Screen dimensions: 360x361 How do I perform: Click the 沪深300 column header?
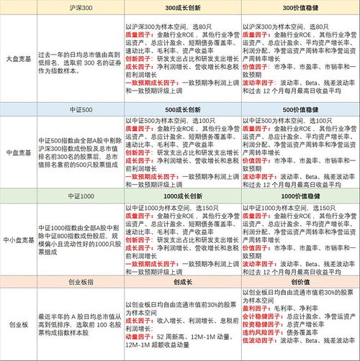78,7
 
